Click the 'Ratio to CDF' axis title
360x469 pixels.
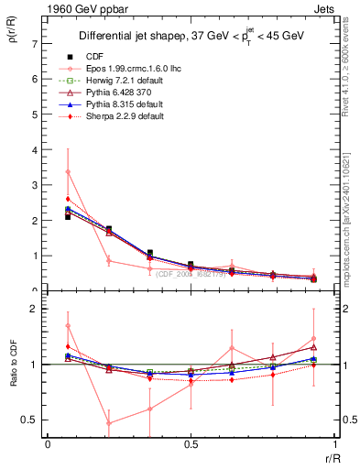pyautogui.click(x=14, y=377)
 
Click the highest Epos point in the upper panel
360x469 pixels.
pyautogui.click(x=68, y=171)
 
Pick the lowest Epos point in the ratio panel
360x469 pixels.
pyautogui.click(x=109, y=423)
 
